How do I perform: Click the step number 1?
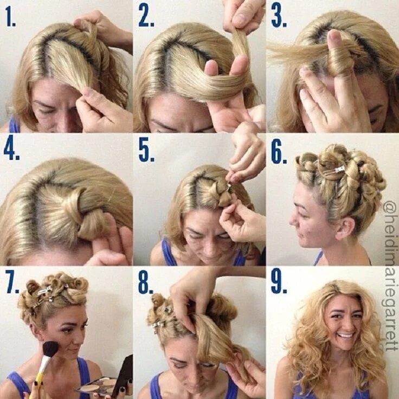click(x=10, y=17)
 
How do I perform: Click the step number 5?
click(x=146, y=151)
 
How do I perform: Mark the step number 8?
click(x=145, y=283)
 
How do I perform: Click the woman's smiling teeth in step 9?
click(x=346, y=336)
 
